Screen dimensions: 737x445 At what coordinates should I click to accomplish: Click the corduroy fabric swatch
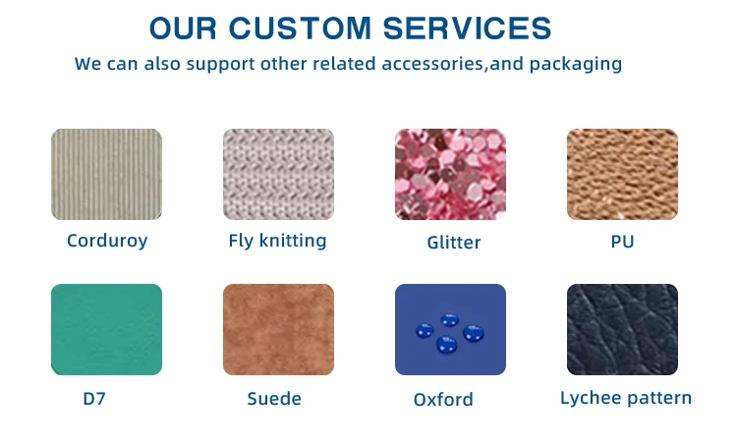point(107,174)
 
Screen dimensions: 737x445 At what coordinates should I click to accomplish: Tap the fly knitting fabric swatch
point(279,174)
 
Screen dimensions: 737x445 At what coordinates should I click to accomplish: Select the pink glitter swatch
point(450,174)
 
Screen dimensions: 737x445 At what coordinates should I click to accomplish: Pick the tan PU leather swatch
point(622,174)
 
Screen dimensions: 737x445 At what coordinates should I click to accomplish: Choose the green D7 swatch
point(107,329)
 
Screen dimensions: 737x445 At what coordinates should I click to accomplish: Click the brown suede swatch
point(279,329)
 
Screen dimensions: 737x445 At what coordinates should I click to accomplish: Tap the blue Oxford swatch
point(450,329)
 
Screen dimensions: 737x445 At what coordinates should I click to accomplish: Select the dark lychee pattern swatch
point(622,329)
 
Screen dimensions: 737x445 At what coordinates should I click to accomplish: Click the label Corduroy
point(107,241)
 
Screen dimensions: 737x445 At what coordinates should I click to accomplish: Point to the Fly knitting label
point(277,241)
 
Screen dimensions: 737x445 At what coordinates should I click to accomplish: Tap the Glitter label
point(454,243)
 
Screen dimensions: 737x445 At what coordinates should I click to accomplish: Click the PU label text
point(622,242)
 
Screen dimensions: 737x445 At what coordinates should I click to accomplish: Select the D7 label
point(94,399)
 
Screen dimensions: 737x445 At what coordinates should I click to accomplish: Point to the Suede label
point(274,399)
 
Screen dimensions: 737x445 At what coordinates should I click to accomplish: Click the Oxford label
point(443,400)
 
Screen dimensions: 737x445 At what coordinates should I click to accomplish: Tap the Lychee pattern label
point(626,399)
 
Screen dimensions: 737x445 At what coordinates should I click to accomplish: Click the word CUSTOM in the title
point(300,28)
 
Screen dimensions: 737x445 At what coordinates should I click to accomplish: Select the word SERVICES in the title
point(467,28)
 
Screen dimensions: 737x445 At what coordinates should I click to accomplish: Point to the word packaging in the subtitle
point(576,65)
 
